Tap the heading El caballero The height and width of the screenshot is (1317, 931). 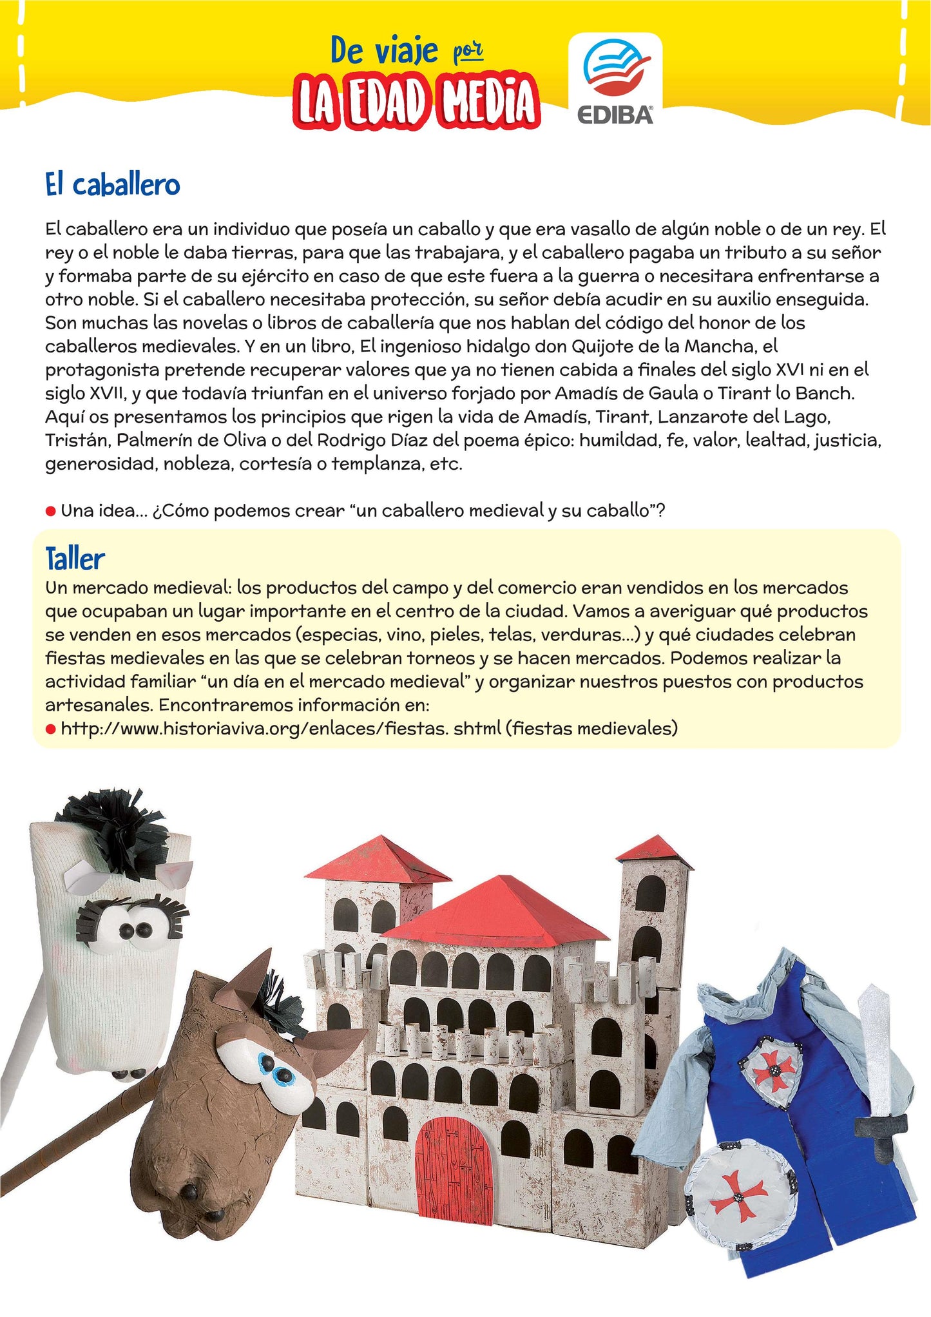point(112,185)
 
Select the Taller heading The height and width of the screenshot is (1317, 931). point(75,559)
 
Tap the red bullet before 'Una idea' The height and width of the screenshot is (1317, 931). point(51,512)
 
